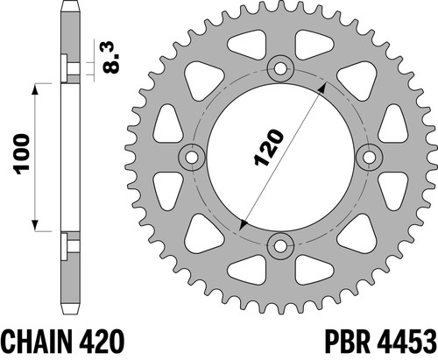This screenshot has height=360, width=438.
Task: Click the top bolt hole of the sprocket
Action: pyautogui.click(x=280, y=69)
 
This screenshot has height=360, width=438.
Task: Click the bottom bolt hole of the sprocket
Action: pyautogui.click(x=280, y=246)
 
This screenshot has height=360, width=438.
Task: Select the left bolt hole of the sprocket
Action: pyautogui.click(x=192, y=158)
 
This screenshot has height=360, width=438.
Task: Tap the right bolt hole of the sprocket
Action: pyautogui.click(x=370, y=158)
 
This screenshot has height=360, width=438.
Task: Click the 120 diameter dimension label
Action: pyautogui.click(x=268, y=147)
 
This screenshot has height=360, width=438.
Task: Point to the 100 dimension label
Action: pyautogui.click(x=23, y=154)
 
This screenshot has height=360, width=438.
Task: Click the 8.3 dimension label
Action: pyautogui.click(x=111, y=58)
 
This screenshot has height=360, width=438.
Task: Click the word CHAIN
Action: pyautogui.click(x=38, y=342)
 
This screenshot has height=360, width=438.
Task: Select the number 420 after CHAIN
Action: pyautogui.click(x=102, y=342)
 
